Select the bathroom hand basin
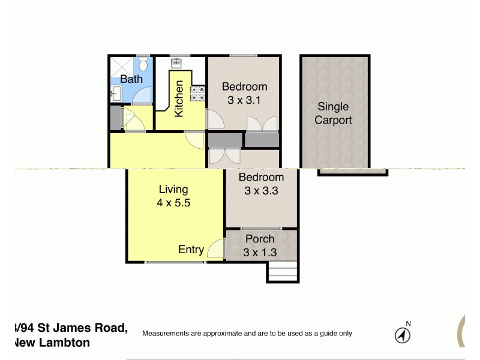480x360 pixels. coord(116,92)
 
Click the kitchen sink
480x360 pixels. coord(177,63)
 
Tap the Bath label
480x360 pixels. coord(131,79)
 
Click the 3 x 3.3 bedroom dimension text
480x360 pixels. coord(261,191)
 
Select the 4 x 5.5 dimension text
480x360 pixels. coord(173,203)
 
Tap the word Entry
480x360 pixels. coord(191,250)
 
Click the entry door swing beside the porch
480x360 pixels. coord(214,250)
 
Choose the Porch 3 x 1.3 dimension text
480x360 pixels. coord(260,253)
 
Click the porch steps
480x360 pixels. coord(282,273)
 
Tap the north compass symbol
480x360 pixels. coord(403,334)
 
